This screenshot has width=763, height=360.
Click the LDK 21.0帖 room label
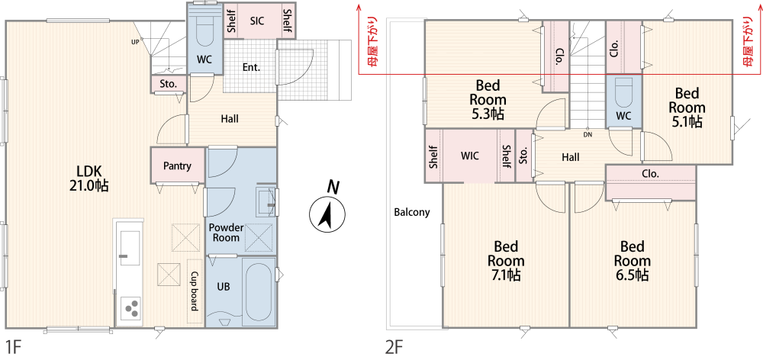click(89, 178)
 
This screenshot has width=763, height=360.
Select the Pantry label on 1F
click(177, 166)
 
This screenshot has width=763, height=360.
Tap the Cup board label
click(195, 291)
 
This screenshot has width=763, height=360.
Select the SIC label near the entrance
click(257, 21)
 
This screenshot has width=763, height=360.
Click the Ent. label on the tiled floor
click(251, 67)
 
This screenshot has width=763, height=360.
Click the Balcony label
click(412, 212)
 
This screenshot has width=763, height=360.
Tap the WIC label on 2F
click(469, 156)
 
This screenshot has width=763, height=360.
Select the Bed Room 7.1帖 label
click(506, 260)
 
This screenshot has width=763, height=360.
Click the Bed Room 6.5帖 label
click(632, 260)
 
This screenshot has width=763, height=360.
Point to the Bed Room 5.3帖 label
click(488, 100)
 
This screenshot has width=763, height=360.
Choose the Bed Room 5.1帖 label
click(687, 107)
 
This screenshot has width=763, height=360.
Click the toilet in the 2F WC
click(623, 92)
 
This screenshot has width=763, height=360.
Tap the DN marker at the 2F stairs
click(588, 135)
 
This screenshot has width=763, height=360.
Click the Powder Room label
click(226, 233)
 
